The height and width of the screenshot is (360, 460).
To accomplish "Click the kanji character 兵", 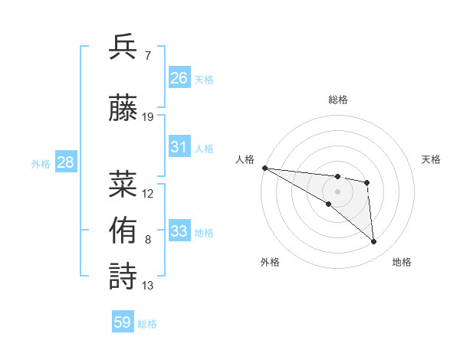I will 123,47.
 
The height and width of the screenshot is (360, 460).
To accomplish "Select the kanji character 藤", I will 123,108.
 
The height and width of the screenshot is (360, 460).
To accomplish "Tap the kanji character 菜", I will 123,184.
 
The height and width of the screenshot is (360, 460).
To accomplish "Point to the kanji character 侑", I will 123,230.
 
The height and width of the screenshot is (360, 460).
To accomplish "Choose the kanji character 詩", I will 123,277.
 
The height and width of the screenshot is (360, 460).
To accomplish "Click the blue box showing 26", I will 179,78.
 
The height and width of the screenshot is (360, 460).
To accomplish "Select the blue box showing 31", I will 179,147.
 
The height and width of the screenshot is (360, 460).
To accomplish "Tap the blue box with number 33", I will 179,231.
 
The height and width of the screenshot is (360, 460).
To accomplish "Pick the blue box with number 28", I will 65,162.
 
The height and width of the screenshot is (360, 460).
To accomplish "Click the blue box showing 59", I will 123,322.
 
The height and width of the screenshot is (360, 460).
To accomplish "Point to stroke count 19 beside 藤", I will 148,117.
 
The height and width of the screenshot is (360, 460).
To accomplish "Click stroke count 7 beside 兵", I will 147,56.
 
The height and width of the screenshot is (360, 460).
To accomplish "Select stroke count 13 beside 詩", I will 148,286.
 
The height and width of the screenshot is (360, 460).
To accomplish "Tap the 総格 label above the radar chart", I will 337,100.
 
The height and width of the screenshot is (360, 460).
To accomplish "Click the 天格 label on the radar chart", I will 431,159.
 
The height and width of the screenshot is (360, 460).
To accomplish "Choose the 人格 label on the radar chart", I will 244,159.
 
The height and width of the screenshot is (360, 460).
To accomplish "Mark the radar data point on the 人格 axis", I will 264,168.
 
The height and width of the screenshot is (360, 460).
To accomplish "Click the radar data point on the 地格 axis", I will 374,242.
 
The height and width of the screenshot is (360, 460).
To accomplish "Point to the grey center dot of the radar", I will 337,191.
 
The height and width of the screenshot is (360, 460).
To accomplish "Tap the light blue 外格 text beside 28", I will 40,163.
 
